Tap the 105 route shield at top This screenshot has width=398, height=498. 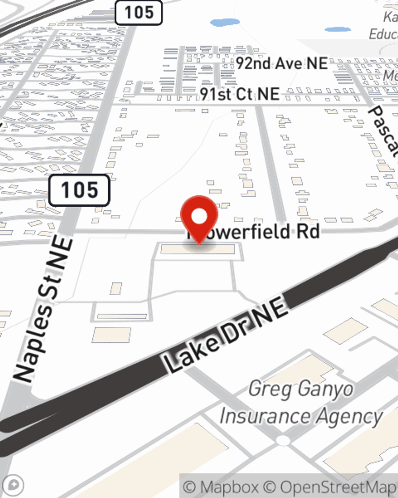tap(139, 12)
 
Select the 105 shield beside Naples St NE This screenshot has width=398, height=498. tap(79, 190)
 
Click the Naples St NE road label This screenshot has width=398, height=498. tap(44, 309)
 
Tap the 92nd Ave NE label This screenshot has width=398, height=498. tap(281, 63)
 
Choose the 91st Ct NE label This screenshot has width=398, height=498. tap(239, 94)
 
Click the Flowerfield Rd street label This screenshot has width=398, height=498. tap(255, 231)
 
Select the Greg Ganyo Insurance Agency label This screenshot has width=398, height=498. tap(301, 403)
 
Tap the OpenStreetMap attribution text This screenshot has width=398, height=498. tap(338, 487)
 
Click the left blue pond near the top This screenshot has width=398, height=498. tap(224, 22)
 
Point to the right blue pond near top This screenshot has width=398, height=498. tap(338, 29)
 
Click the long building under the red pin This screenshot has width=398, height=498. tap(198, 250)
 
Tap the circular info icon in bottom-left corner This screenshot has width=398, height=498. tap(14, 485)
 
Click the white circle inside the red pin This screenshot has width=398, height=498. tap(199, 216)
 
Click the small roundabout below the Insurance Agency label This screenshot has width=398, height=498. tap(283, 441)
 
